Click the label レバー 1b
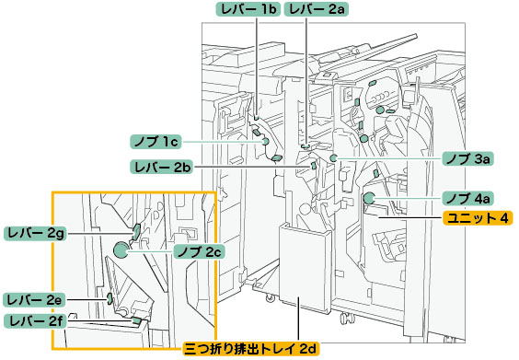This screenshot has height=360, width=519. [x=248, y=9]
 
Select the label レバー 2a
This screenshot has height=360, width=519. [x=317, y=9]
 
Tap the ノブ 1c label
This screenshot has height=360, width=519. [x=156, y=142]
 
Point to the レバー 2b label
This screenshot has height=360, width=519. [x=162, y=167]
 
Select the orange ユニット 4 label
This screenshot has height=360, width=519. [x=478, y=218]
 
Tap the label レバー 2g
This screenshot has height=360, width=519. [x=36, y=233]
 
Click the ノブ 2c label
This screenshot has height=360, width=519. [x=200, y=251]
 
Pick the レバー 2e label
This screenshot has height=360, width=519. [x=35, y=300]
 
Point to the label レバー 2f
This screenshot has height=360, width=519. [x=35, y=321]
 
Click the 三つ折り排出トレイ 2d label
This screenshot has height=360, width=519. [x=251, y=349]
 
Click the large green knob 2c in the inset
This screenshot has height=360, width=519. [x=121, y=250]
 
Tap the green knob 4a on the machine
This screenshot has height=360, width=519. [x=369, y=198]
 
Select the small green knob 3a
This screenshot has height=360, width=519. [x=334, y=158]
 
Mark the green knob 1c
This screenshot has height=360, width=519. [x=265, y=142]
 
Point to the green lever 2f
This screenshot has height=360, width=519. [x=136, y=320]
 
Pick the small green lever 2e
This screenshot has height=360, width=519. [x=109, y=298]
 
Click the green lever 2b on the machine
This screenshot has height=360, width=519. [x=313, y=165]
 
